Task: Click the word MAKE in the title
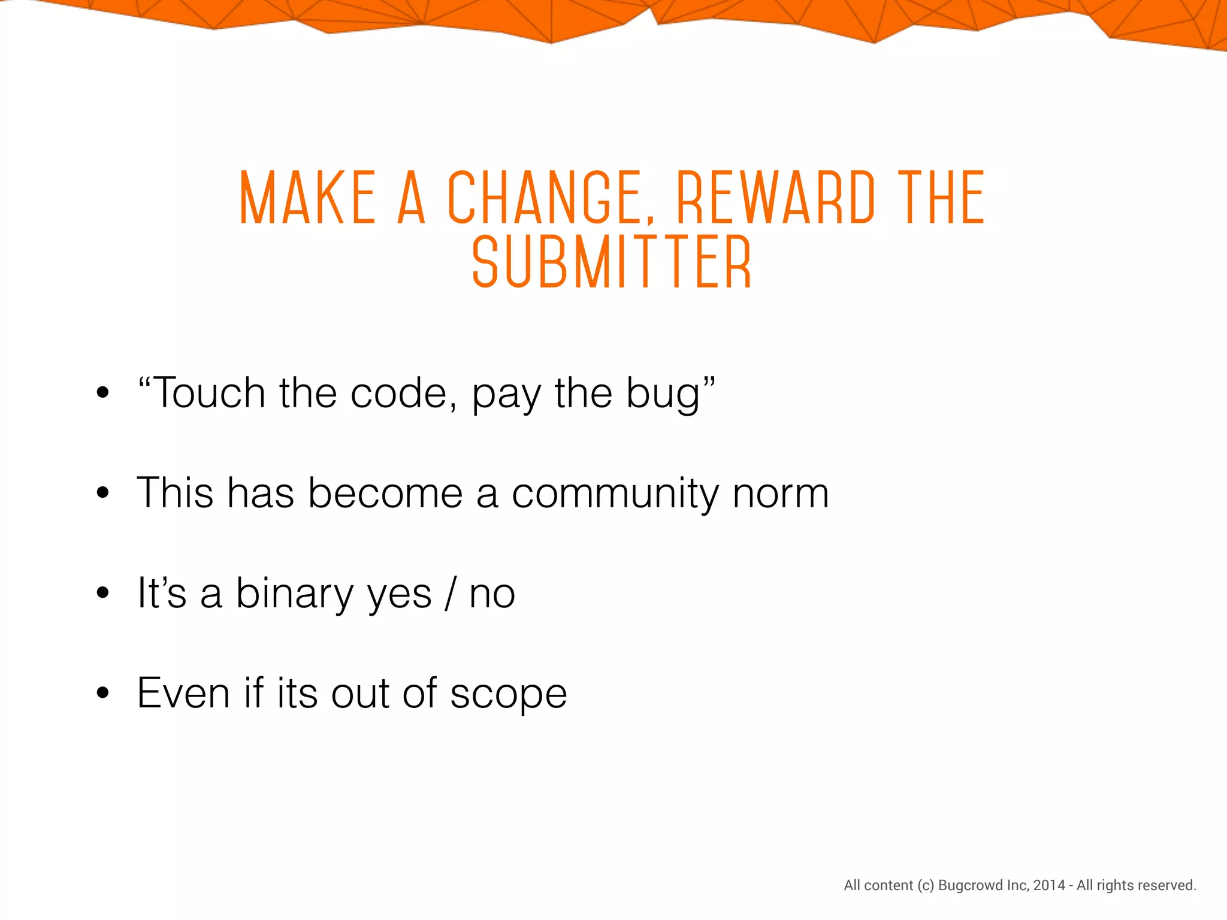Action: click(x=307, y=198)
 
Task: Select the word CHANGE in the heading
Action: click(x=544, y=198)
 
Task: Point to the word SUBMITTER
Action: click(x=612, y=262)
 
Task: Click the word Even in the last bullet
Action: click(x=183, y=693)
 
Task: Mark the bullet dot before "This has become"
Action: click(x=103, y=493)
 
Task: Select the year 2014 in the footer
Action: click(x=1049, y=885)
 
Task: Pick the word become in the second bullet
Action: click(x=385, y=493)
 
